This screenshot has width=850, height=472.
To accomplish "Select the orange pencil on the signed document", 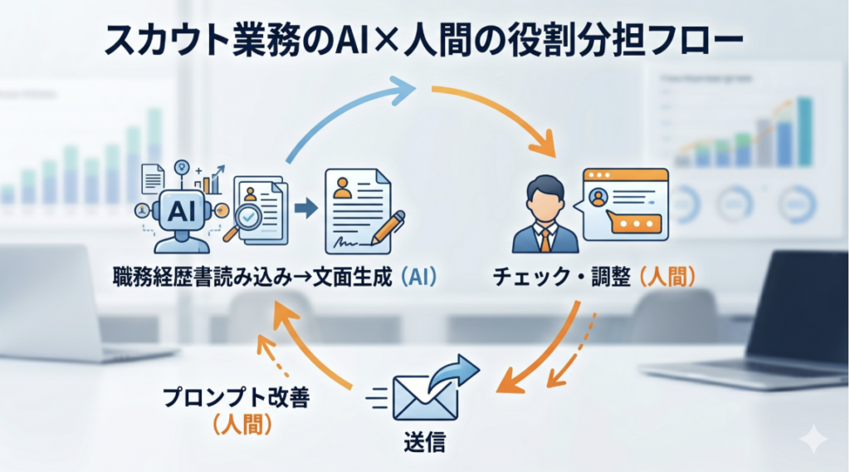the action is (x=388, y=228).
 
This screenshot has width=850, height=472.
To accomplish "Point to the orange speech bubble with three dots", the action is (x=634, y=223).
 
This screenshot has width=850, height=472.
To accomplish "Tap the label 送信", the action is (x=425, y=443).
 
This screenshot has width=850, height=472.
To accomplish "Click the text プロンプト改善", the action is (x=237, y=398).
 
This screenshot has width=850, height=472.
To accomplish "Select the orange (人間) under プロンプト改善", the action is (x=242, y=425).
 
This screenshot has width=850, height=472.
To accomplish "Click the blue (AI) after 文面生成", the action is (x=419, y=278).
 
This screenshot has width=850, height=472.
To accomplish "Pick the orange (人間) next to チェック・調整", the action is (x=668, y=278).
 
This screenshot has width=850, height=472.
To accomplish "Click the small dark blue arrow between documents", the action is (x=306, y=208).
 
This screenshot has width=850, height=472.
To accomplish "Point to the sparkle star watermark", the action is (x=813, y=439).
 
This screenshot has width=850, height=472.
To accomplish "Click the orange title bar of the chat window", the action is (x=625, y=175).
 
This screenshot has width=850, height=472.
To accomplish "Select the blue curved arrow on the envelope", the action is (x=453, y=371).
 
